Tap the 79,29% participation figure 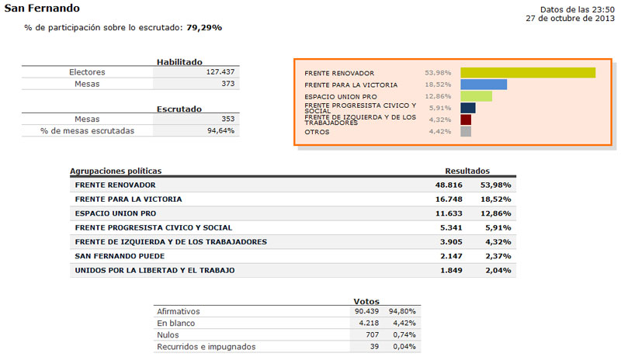tap(204, 27)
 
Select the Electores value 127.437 tap(219, 72)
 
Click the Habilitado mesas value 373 tap(227, 83)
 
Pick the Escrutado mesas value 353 tap(227, 119)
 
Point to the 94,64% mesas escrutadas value tap(220, 130)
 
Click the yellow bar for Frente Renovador tap(528, 73)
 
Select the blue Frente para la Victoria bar tap(484, 85)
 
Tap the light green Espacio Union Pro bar tap(477, 96)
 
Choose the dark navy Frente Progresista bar tap(468, 108)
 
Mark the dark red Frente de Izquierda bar tap(466, 120)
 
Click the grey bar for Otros tap(466, 132)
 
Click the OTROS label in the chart tap(317, 132)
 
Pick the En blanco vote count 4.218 tap(368, 323)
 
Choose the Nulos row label tap(168, 334)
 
